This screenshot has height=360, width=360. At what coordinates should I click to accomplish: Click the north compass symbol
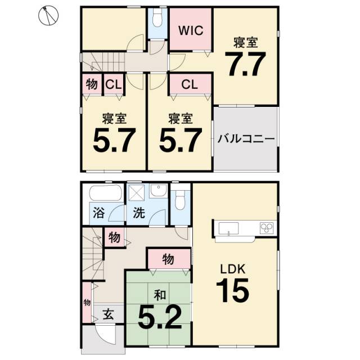tap(48, 15)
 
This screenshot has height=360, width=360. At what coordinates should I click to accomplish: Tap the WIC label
tap(191, 30)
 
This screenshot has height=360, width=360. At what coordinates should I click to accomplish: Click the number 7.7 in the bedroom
tap(245, 64)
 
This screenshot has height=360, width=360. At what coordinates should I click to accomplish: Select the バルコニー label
tap(246, 139)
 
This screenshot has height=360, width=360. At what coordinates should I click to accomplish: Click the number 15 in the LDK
tap(232, 290)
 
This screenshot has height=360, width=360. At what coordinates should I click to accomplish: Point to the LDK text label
tap(233, 269)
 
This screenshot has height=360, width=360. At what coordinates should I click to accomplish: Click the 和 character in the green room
tap(160, 295)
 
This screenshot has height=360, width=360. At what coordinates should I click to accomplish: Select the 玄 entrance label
tap(108, 314)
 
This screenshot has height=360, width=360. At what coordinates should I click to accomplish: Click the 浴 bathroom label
tap(99, 213)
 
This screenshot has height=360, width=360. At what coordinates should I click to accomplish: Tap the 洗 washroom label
tap(139, 213)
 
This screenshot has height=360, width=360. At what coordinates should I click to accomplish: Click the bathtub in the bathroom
tap(105, 193)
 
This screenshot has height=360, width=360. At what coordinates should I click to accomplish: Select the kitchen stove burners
tap(267, 228)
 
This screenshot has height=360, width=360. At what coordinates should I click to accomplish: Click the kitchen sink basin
tap(228, 228)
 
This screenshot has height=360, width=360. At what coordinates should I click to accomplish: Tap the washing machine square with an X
tap(136, 192)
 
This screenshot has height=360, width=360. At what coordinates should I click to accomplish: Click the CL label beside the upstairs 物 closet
tap(114, 84)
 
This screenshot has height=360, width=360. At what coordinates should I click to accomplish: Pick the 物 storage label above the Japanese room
tap(168, 259)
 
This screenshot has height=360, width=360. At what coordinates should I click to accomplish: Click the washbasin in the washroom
tap(158, 191)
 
